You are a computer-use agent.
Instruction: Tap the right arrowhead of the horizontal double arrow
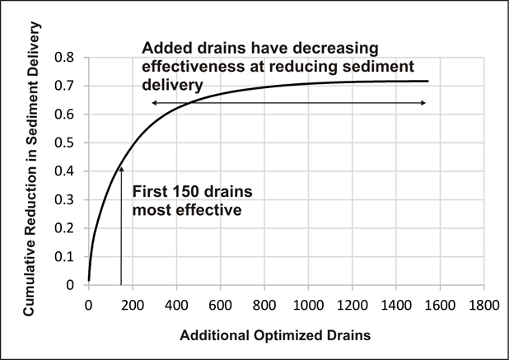pos(423,102)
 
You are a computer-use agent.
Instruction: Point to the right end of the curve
pos(428,81)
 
